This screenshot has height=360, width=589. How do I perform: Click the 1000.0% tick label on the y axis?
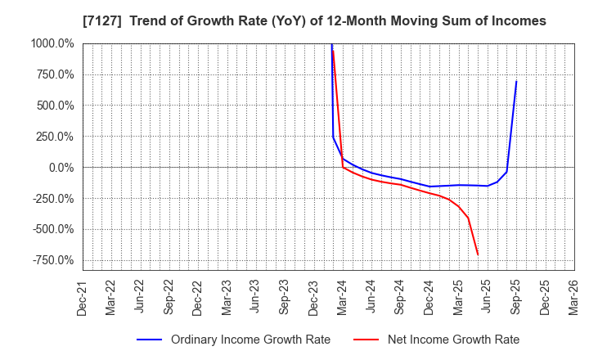pos(51,43)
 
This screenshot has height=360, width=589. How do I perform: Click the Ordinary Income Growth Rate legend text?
pos(250,340)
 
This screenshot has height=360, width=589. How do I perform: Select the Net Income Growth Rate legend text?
pos(454,340)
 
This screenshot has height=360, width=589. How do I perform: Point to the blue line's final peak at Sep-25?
pos(516,81)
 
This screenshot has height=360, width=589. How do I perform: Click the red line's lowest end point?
pos(478,254)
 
